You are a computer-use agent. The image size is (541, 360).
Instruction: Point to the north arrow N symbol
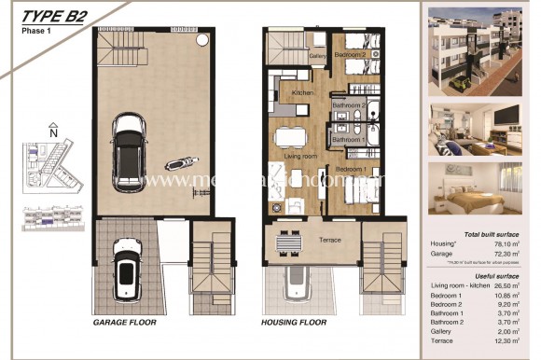tap(53, 132)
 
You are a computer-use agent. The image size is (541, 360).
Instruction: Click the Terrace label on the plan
tap(328, 241)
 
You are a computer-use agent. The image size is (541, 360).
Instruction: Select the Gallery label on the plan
tap(317, 56)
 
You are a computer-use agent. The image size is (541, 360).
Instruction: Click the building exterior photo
tap(479, 48)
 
